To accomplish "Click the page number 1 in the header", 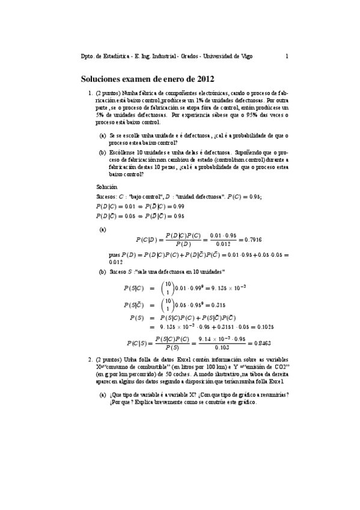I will click(x=287, y=57).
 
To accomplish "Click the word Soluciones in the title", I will click(x=100, y=78).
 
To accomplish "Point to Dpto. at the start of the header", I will click(x=88, y=57).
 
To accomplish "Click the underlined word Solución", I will click(x=107, y=188).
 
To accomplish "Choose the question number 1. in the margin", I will click(x=90, y=94).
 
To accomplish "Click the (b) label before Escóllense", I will click(x=103, y=153).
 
